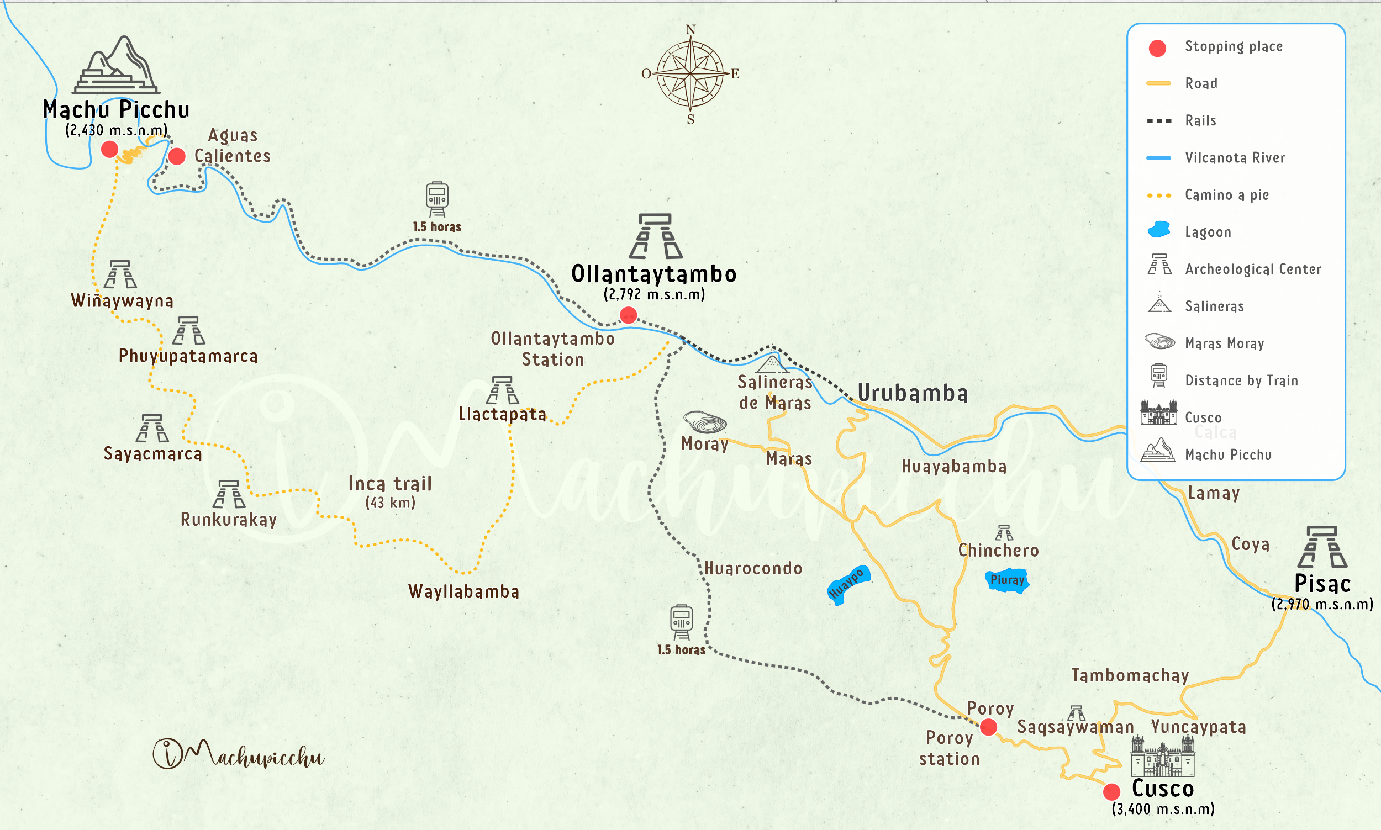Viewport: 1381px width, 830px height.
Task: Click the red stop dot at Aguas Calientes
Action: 177,156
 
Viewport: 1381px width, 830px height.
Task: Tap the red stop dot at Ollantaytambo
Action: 628,315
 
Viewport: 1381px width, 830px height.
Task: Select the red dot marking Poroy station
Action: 988,727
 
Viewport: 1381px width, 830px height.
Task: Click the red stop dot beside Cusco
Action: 1111,791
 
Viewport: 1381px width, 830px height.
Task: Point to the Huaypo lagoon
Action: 847,585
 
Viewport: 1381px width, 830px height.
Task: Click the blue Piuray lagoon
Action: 1007,580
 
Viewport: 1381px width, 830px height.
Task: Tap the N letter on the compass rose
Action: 691,30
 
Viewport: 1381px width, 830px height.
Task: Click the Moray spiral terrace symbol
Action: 705,422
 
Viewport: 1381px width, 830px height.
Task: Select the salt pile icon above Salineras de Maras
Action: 772,364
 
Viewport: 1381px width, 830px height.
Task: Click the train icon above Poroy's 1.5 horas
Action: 681,622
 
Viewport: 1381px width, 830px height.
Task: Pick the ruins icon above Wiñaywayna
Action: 120,274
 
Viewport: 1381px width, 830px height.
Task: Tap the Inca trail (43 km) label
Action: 390,491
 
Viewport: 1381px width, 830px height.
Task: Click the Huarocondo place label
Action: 753,569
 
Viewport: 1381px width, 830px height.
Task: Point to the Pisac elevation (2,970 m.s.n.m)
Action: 1322,605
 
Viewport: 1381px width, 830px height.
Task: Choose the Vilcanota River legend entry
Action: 1235,158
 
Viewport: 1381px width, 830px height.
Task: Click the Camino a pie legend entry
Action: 1226,194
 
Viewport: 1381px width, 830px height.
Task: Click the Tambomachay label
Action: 1130,675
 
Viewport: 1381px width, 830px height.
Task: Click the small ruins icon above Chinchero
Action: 1004,532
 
